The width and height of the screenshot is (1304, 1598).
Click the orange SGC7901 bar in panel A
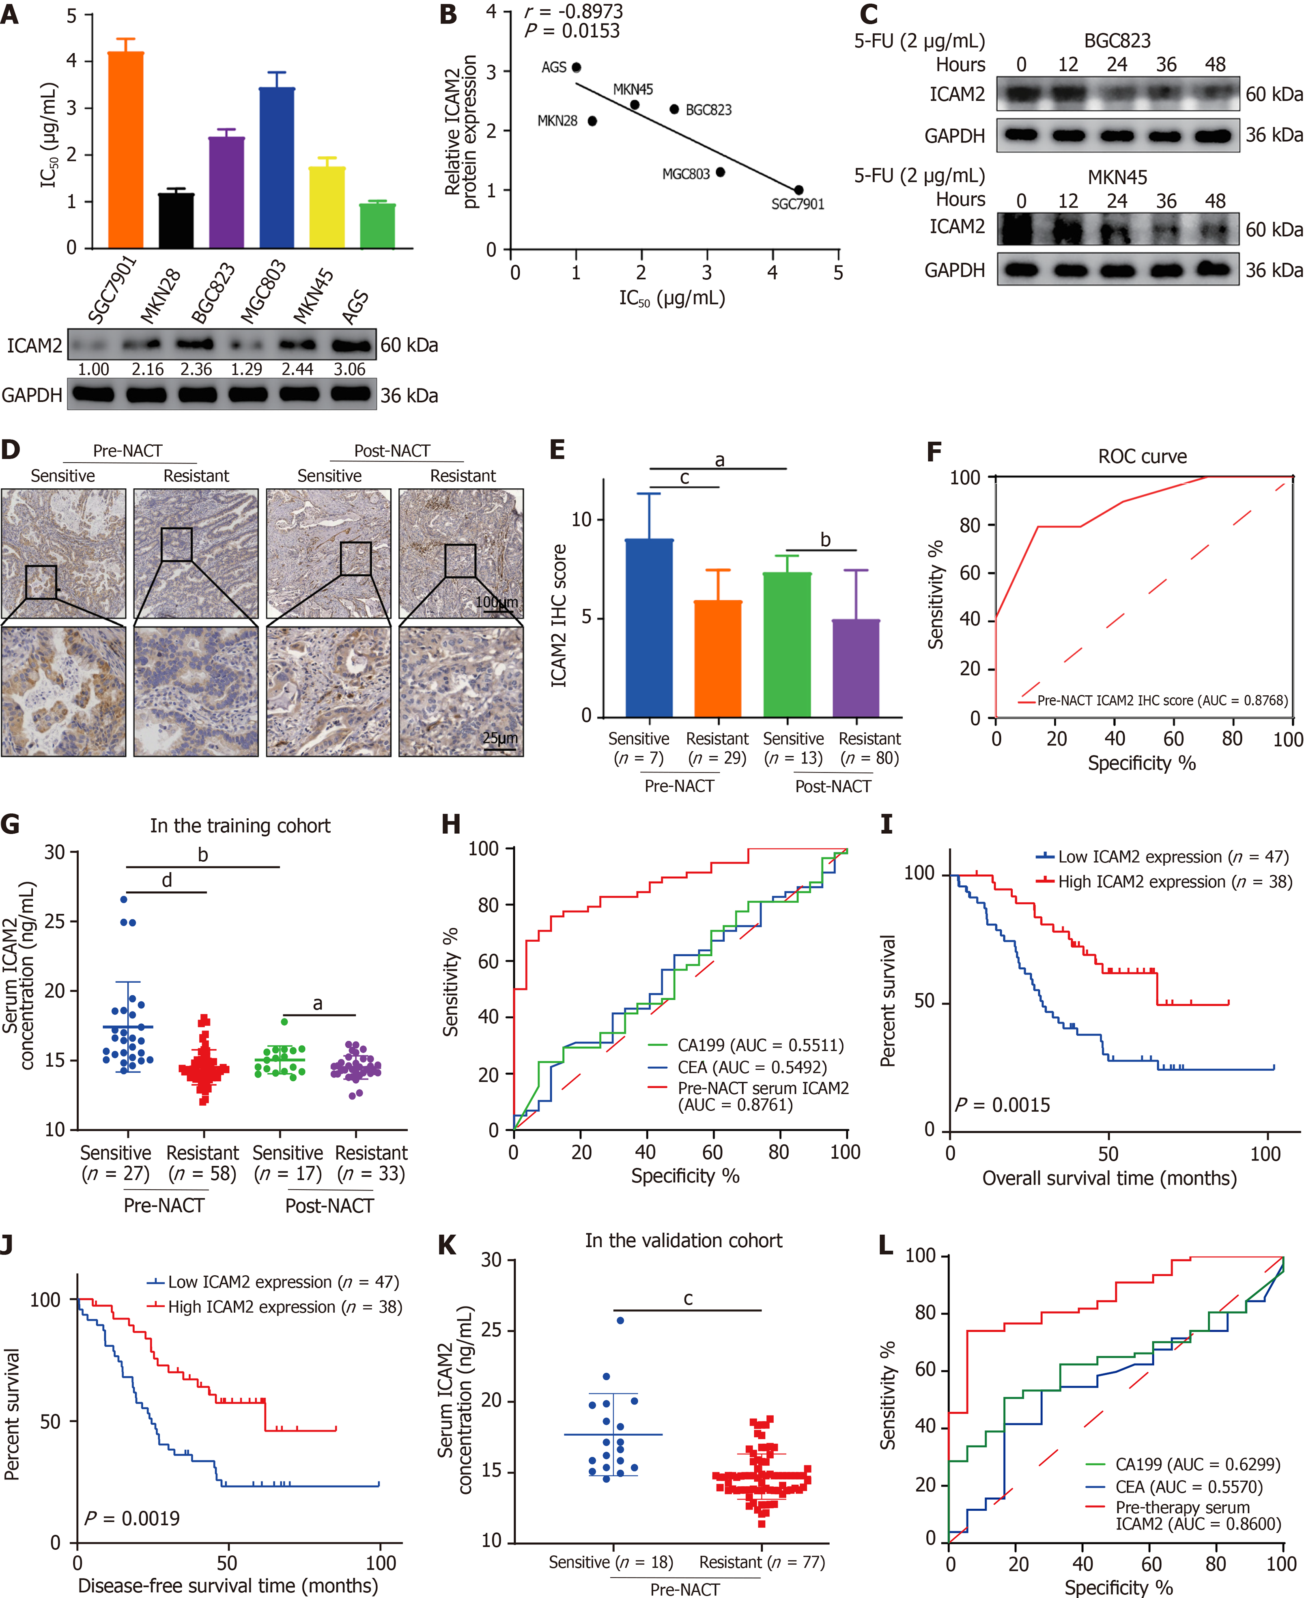pyautogui.click(x=125, y=150)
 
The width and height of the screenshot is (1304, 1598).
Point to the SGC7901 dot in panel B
pyautogui.click(x=798, y=190)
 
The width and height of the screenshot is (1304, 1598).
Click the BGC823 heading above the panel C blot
pyautogui.click(x=1117, y=41)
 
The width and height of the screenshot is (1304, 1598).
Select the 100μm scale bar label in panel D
pyautogui.click(x=497, y=602)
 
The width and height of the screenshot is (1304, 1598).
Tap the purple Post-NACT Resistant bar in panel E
pyautogui.click(x=856, y=668)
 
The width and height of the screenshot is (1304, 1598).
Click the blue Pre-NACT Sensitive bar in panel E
pyautogui.click(x=649, y=628)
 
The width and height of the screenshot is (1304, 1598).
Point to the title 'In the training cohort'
pyautogui.click(x=240, y=826)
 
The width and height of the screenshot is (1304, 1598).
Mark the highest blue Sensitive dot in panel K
pyautogui.click(x=620, y=1320)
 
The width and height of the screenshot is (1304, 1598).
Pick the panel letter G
pyautogui.click(x=11, y=824)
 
